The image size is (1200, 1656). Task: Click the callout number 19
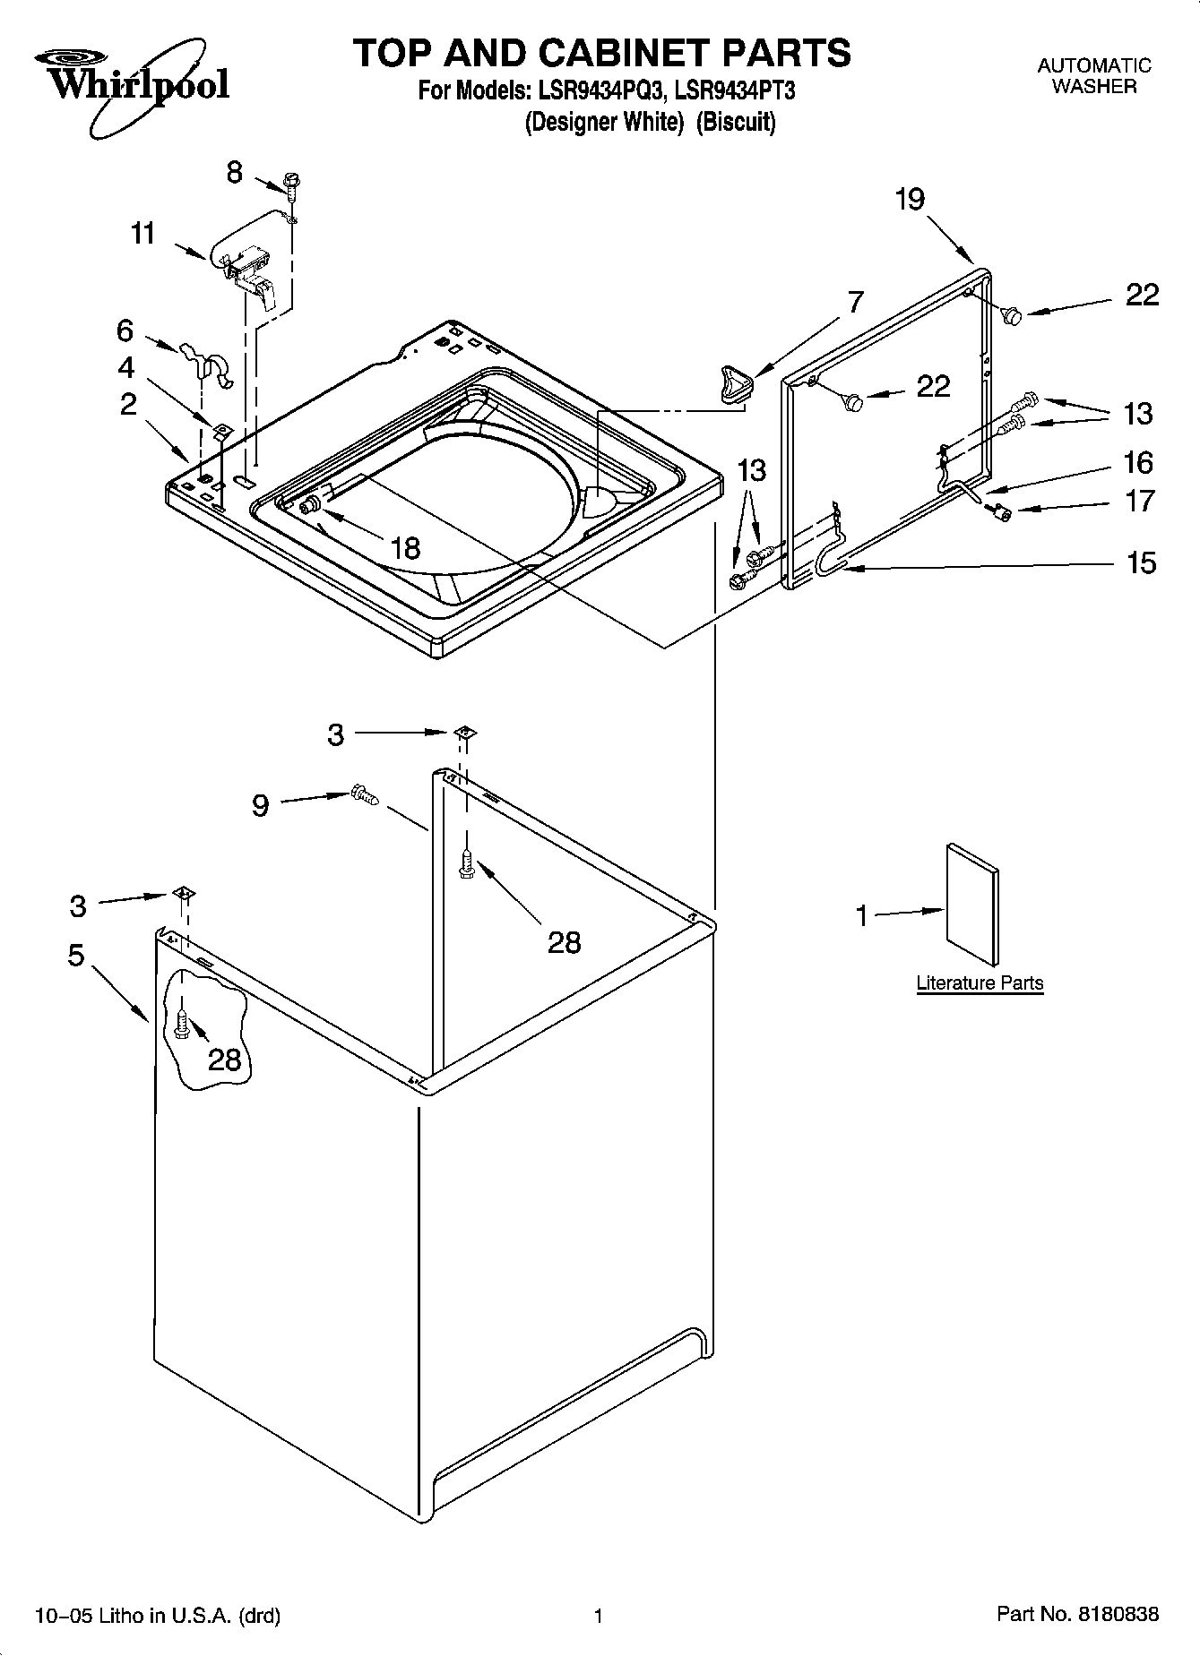910,199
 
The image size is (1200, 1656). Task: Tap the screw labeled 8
291,184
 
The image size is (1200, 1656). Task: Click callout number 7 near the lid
855,302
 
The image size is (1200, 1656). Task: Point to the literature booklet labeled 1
971,905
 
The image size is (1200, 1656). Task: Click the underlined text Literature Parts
980,982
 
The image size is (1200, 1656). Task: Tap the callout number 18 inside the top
405,547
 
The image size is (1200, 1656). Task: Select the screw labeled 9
365,794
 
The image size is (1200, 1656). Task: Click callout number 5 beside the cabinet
76,956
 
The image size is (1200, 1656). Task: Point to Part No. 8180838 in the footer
1077,1615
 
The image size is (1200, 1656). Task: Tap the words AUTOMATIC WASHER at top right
1093,76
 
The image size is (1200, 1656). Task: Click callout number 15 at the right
1140,562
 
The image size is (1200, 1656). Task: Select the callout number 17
1139,501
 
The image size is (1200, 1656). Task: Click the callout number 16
1139,462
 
